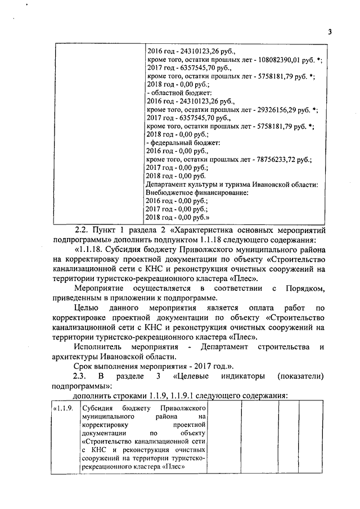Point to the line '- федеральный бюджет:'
point(182,143)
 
